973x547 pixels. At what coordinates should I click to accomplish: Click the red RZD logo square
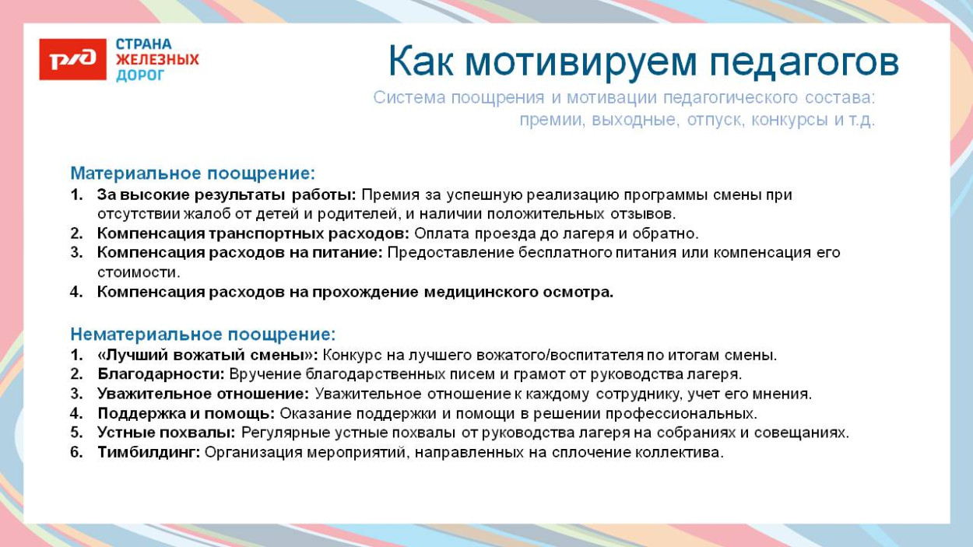click(x=72, y=60)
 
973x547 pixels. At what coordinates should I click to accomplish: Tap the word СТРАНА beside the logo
click(x=144, y=44)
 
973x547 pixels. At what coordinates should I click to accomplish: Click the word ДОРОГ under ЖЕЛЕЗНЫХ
click(x=140, y=75)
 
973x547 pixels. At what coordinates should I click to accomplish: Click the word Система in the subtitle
click(x=405, y=98)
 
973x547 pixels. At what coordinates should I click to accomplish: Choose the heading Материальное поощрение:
click(x=192, y=173)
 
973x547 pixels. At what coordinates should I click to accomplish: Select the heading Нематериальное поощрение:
click(x=202, y=335)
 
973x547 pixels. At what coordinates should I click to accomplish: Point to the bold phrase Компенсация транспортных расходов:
click(x=253, y=233)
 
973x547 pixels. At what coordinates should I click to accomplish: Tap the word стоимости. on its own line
click(x=139, y=272)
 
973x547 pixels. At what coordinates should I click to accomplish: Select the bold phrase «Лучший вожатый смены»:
click(x=207, y=356)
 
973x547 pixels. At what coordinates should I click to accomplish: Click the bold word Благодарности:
click(x=161, y=374)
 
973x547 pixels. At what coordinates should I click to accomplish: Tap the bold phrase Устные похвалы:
click(x=167, y=433)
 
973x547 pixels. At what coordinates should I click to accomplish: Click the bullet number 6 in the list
click(x=76, y=452)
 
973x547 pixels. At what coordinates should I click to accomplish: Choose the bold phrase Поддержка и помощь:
click(x=186, y=413)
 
